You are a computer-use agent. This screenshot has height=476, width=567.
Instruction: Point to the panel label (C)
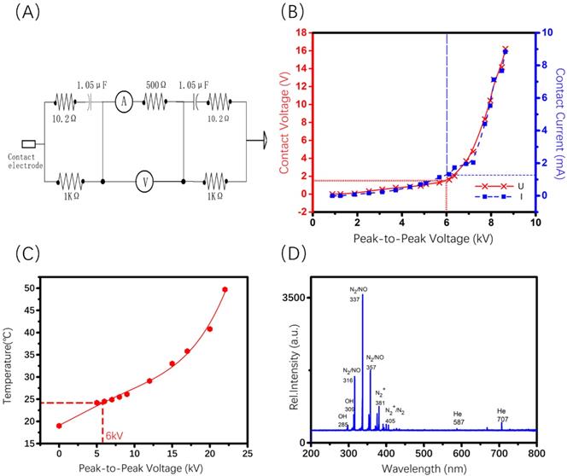[x=20, y=254]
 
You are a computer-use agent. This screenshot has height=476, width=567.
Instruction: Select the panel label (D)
[x=296, y=254]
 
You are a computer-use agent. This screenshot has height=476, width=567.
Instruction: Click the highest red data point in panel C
[x=225, y=289]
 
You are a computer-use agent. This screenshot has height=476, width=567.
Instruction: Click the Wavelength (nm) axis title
[x=424, y=467]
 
